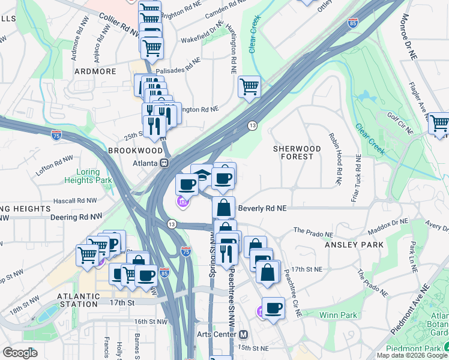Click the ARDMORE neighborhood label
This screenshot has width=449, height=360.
(94, 71)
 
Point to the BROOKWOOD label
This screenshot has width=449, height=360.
(135, 150)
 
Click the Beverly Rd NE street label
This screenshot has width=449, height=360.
(262, 208)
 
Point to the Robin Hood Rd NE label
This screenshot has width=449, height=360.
(334, 151)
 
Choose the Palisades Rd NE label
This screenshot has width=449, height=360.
(178, 65)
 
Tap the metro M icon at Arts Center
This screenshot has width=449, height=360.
(243, 334)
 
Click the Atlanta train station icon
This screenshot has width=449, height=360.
(163, 163)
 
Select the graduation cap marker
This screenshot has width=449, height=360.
(203, 174)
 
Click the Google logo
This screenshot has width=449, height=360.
(20, 353)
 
